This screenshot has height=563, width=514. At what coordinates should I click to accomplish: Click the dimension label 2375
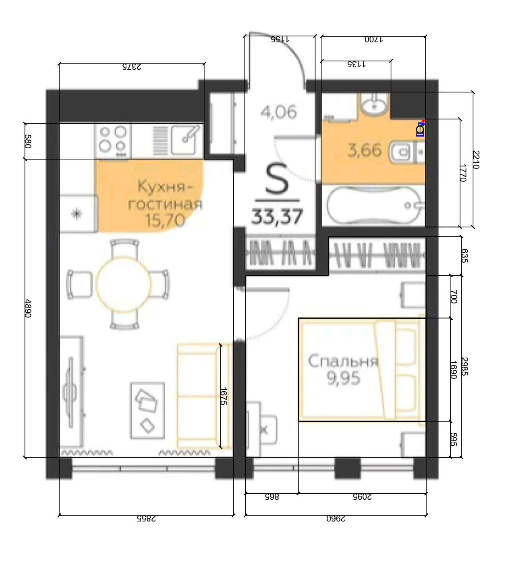point(132,67)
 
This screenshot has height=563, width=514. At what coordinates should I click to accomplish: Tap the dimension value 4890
point(28,308)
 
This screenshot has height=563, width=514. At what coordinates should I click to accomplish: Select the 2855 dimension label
point(146,518)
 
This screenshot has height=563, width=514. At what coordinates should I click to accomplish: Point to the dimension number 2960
point(336,518)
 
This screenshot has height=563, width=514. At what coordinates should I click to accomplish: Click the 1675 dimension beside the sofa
point(223,396)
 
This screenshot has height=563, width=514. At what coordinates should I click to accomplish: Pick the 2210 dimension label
point(477,160)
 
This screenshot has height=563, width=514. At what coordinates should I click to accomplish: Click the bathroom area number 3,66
point(365,150)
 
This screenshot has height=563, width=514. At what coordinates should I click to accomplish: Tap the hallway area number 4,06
point(279,112)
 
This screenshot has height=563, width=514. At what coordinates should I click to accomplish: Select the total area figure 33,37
point(277,216)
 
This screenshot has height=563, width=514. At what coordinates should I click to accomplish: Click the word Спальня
point(343,361)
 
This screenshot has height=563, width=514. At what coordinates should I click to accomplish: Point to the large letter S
point(277,179)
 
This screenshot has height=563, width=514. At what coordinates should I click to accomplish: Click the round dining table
point(123,284)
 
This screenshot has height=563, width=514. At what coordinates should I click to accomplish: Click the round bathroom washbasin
point(374,105)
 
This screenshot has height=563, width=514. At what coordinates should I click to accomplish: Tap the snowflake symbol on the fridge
point(76,214)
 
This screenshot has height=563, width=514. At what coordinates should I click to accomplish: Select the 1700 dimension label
point(373,39)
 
